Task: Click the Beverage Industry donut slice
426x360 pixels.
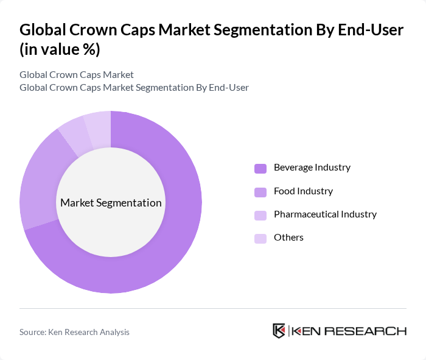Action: coord(176,244)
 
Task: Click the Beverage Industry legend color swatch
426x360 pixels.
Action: coord(260,168)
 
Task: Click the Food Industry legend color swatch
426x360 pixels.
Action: coord(260,192)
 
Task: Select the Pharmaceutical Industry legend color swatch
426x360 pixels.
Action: coord(260,215)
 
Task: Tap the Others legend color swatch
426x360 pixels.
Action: coord(260,238)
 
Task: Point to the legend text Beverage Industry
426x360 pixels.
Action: coord(312,168)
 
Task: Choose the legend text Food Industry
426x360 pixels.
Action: coord(303,191)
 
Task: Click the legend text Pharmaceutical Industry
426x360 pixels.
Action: coord(325,214)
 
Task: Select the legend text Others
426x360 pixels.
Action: coord(288,238)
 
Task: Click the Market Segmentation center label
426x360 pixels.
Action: coord(111,203)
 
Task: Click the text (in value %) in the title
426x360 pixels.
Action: coord(60,49)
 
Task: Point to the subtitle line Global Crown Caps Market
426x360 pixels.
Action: coord(77,75)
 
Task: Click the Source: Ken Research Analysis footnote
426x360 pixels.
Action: coord(74,332)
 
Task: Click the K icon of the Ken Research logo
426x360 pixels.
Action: coord(279,331)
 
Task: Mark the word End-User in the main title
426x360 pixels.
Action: coord(371,30)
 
